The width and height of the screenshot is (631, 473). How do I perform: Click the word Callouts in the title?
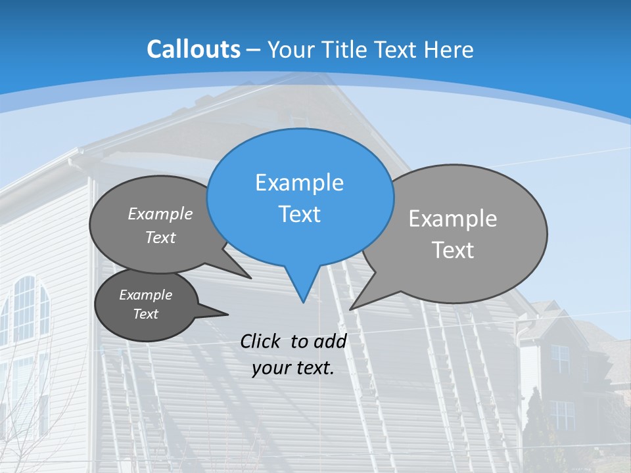click(193, 49)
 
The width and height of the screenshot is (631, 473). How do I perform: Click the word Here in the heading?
click(449, 50)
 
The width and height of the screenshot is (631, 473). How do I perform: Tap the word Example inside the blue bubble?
click(299, 183)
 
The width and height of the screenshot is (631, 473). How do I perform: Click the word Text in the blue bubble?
click(299, 214)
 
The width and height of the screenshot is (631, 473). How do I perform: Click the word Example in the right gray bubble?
click(452, 219)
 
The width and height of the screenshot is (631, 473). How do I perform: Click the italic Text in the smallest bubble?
click(145, 314)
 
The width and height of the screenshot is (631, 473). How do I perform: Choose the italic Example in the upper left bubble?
click(160, 214)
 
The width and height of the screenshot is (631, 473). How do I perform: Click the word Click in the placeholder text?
click(262, 341)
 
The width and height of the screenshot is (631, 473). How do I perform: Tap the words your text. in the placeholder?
click(293, 369)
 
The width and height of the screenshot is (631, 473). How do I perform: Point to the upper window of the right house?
click(560, 359)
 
